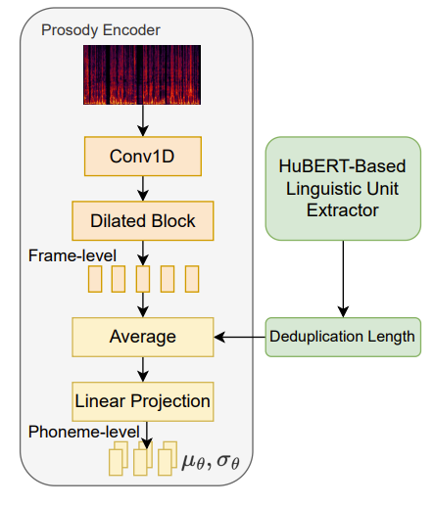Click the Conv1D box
pos(143,157)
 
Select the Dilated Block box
pos(143,221)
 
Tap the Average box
pos(143,337)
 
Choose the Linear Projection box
pos(143,401)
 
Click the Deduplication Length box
pos(343,337)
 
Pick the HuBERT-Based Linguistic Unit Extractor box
pos(343,189)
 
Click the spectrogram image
pos(142,74)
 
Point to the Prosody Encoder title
pos(101,30)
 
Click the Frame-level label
pos(72,255)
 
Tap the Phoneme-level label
pos(84,432)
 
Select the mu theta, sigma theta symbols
pos(211,461)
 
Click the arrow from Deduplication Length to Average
pos(240,337)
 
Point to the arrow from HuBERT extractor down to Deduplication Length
pos(343,279)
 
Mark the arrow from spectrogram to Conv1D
pos(143,120)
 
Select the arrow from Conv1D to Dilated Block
pos(143,189)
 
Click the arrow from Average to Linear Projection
pos(143,369)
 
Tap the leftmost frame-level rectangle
pos(95,279)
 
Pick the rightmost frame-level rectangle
pos(192,279)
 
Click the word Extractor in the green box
pos(343,210)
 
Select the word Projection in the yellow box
pos(170,401)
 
